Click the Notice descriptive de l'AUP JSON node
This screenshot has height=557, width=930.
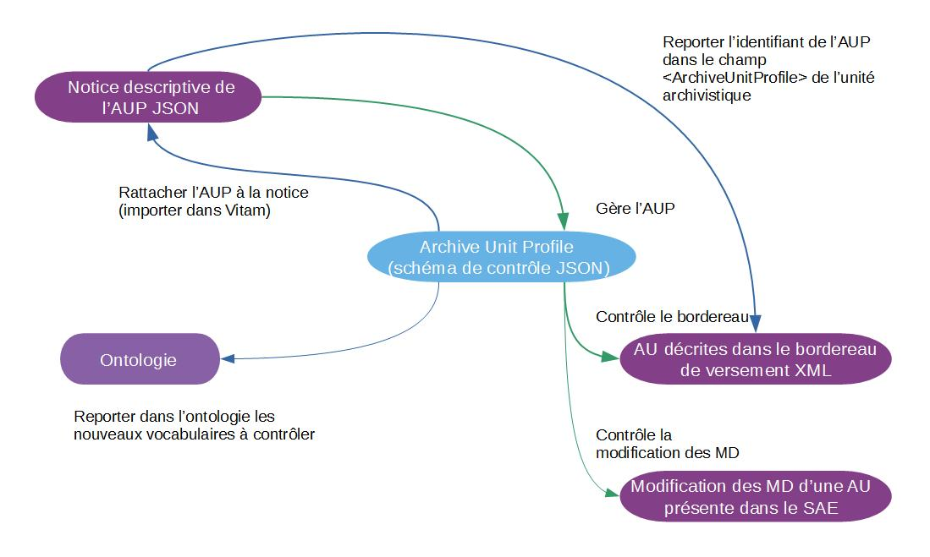(150, 96)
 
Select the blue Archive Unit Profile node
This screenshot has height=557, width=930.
(501, 257)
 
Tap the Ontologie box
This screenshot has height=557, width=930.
(139, 359)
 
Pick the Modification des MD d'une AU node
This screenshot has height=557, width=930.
(756, 498)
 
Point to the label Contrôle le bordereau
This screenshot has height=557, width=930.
(672, 317)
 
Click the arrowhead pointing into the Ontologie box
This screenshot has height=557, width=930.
(228, 358)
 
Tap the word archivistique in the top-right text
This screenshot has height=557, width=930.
(707, 96)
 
